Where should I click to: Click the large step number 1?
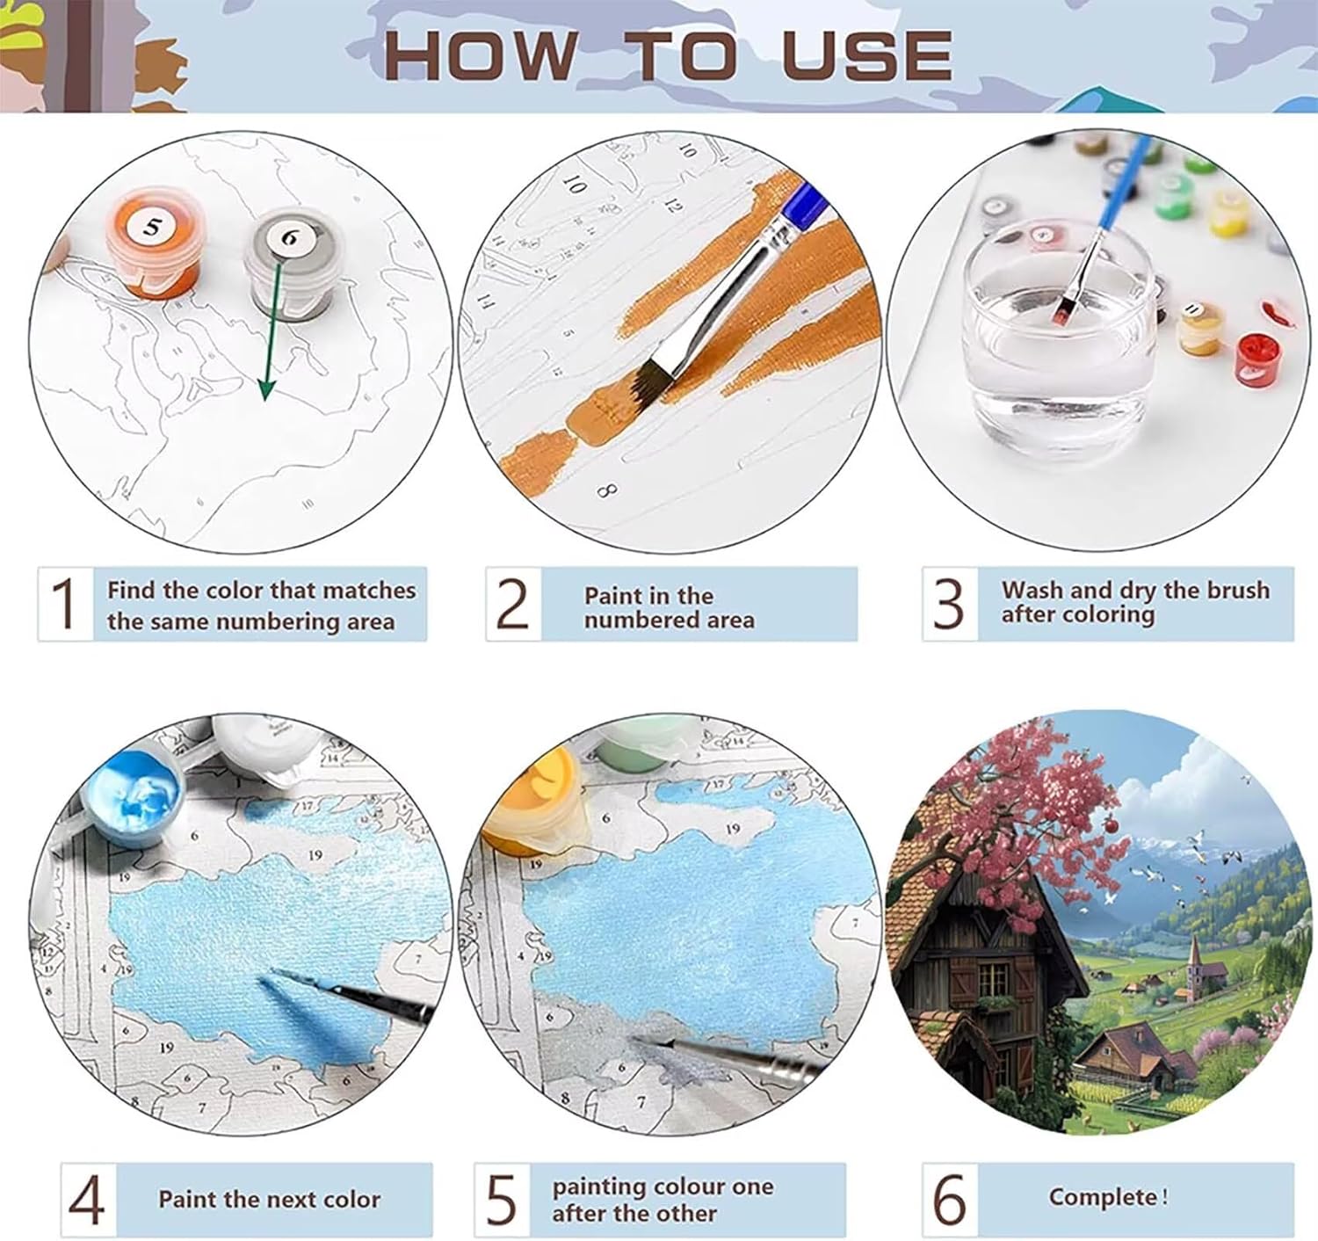tap(65, 603)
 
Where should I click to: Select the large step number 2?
tap(512, 604)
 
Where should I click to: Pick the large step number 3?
tap(948, 604)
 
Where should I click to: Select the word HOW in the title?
tap(481, 54)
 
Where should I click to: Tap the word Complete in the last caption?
tap(1103, 1197)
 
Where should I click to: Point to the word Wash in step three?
tap(1032, 590)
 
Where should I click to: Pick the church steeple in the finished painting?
tap(1193, 953)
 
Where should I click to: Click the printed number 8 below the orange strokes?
tap(606, 491)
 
